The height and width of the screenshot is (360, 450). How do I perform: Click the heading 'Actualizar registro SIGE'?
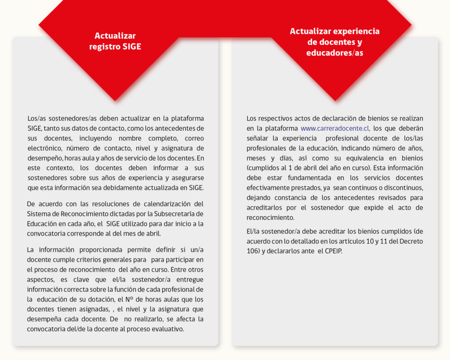click(115, 41)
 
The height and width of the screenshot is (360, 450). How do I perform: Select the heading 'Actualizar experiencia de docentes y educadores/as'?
click(334, 42)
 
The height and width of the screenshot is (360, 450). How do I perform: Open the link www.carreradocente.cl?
click(335, 128)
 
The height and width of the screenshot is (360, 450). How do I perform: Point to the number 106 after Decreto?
click(252, 251)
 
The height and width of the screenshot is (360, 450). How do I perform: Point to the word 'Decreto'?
click(411, 242)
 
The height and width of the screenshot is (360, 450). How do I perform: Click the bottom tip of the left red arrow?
click(115, 100)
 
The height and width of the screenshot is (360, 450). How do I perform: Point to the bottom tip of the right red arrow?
click(334, 100)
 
